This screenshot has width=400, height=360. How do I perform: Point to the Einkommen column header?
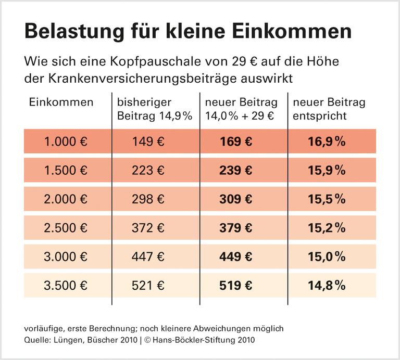[61, 102]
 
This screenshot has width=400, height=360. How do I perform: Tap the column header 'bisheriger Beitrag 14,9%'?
[154, 109]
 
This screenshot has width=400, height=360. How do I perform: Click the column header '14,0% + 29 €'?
[240, 115]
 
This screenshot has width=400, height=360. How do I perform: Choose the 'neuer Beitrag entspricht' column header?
[329, 109]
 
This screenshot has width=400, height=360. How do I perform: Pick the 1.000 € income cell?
[66, 142]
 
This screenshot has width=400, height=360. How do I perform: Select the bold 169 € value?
[235, 142]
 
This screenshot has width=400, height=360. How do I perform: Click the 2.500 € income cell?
[66, 227]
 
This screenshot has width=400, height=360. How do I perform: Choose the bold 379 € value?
[235, 227]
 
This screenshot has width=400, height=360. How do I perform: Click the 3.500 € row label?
[66, 285]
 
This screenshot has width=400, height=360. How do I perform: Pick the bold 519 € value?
[235, 285]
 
